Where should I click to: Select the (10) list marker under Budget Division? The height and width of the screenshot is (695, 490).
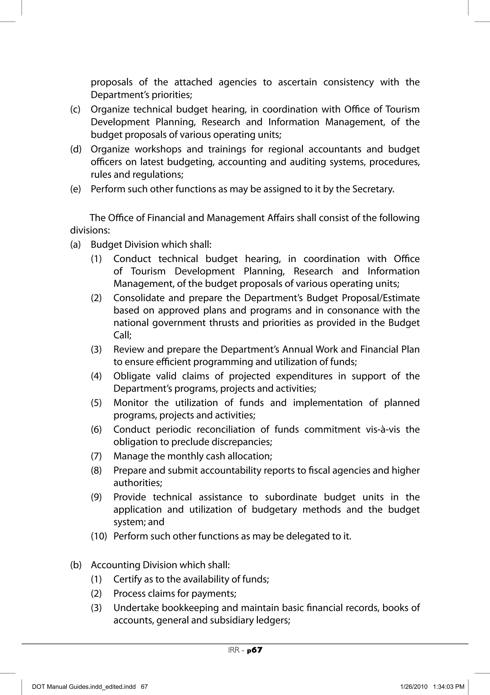(x=99, y=536)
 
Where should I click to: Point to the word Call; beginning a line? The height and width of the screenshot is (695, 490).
(x=122, y=335)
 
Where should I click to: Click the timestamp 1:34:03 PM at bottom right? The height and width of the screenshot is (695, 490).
(x=449, y=687)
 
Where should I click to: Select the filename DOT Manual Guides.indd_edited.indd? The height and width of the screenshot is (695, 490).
(x=84, y=687)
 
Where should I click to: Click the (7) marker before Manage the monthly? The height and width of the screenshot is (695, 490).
(x=96, y=456)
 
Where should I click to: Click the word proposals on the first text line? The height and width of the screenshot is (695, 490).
(x=112, y=82)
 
